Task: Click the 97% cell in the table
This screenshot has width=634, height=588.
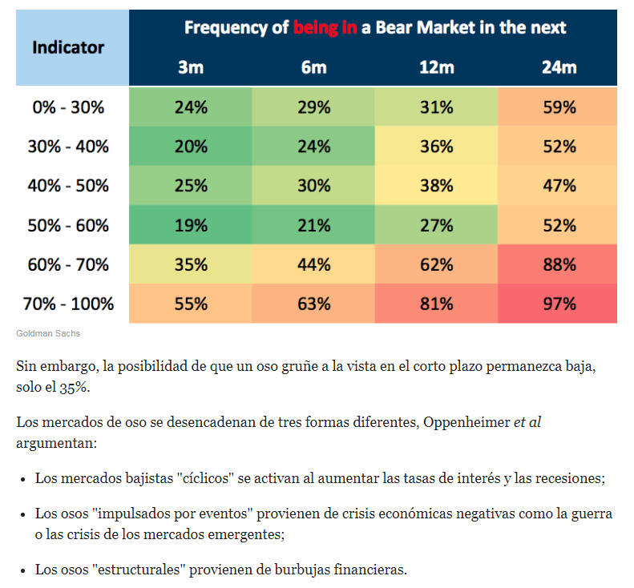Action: point(559,304)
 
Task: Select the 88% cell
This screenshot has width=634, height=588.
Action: point(559,265)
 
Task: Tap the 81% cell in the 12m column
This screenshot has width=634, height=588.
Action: point(436,304)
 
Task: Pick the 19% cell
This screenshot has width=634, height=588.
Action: point(191,226)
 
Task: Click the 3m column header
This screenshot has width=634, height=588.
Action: point(191,67)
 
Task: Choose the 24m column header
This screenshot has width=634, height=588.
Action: point(559,67)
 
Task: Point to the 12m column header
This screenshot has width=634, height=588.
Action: point(436,67)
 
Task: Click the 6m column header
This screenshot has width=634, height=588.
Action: point(314,67)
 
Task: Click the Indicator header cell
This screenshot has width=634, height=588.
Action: point(68,47)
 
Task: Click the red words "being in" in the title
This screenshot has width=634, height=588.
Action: point(325,28)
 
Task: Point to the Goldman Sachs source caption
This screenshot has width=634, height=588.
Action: point(47,333)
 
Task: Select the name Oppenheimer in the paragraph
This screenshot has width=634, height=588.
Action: point(464,421)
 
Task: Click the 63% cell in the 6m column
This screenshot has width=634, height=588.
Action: point(314,304)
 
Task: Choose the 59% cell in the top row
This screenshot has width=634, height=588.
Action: point(559,107)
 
